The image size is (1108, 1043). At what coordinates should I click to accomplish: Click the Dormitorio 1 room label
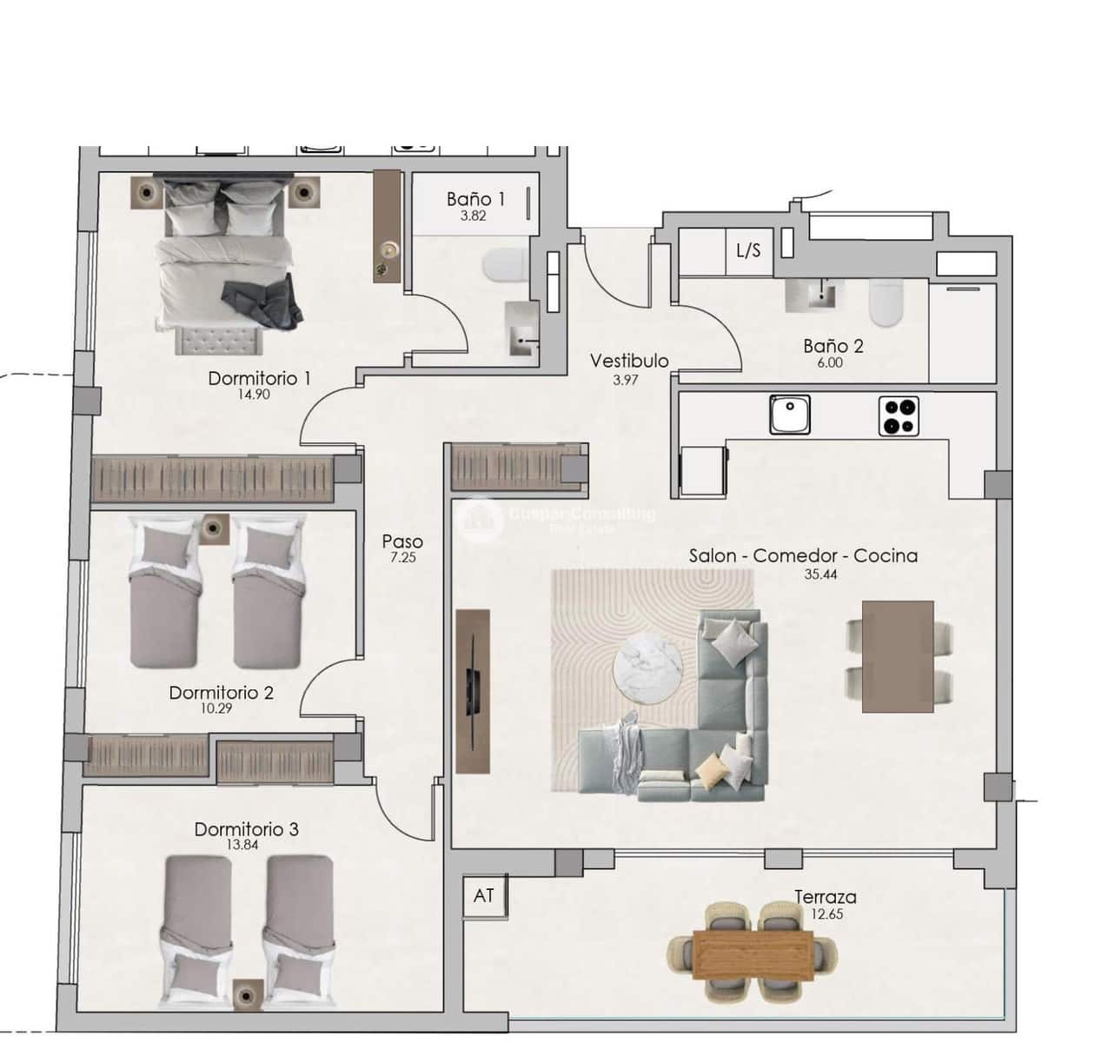tap(259, 378)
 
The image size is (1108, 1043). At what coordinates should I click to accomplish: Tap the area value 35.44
tap(820, 574)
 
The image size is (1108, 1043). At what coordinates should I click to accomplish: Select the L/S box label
tap(748, 251)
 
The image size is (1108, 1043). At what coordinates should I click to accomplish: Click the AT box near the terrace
tap(483, 894)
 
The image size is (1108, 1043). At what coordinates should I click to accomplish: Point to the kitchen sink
tap(789, 415)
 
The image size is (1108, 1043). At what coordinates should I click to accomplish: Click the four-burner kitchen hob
tap(899, 415)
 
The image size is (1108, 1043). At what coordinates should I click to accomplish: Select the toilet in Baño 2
tap(886, 302)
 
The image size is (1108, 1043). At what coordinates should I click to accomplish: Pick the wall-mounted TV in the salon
tap(473, 690)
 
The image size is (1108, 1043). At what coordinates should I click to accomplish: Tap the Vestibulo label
tap(629, 361)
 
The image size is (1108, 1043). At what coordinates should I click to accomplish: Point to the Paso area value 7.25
tap(402, 558)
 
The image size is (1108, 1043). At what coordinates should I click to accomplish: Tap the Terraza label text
tap(825, 897)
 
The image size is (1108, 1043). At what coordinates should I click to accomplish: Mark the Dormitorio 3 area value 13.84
tap(246, 845)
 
